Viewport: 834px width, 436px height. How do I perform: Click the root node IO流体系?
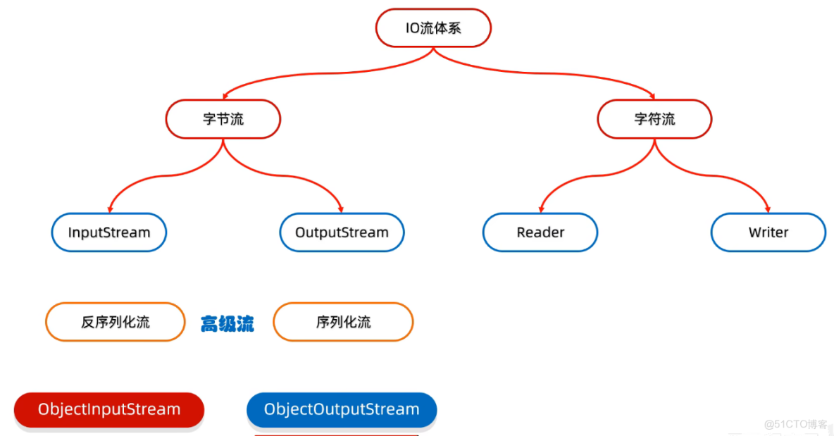click(433, 28)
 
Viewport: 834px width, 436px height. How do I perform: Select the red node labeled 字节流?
click(223, 119)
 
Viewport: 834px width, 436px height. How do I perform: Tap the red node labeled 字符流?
click(654, 119)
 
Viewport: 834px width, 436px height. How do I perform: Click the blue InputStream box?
click(109, 232)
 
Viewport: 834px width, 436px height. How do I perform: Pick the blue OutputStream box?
click(342, 232)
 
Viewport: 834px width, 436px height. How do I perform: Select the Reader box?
click(540, 232)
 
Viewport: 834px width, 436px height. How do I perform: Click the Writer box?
click(768, 232)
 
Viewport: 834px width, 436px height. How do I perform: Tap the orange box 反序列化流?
click(115, 323)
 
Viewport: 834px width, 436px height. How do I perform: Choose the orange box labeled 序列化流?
click(343, 323)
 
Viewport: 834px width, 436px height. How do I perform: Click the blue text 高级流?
click(227, 324)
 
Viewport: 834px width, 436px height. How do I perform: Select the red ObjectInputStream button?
click(109, 409)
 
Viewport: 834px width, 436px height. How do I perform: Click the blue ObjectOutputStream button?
click(342, 409)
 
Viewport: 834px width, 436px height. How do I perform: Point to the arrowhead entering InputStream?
click(109, 209)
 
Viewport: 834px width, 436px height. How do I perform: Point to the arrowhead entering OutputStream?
click(342, 209)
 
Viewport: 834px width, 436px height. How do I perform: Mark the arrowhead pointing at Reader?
click(540, 209)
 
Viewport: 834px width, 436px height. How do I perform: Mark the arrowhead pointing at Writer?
click(768, 209)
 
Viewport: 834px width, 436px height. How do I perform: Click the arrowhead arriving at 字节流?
click(225, 96)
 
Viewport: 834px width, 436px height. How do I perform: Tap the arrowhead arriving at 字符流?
click(654, 96)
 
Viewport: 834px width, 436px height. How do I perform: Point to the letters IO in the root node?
click(413, 28)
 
